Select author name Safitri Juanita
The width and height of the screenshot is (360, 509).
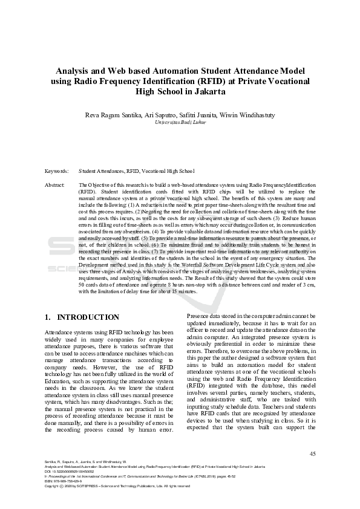(x=197, y=114)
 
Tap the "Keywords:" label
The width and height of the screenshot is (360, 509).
(x=57, y=172)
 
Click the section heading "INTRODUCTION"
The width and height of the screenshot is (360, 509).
(x=88, y=317)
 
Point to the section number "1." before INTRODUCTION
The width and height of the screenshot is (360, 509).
(x=49, y=317)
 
